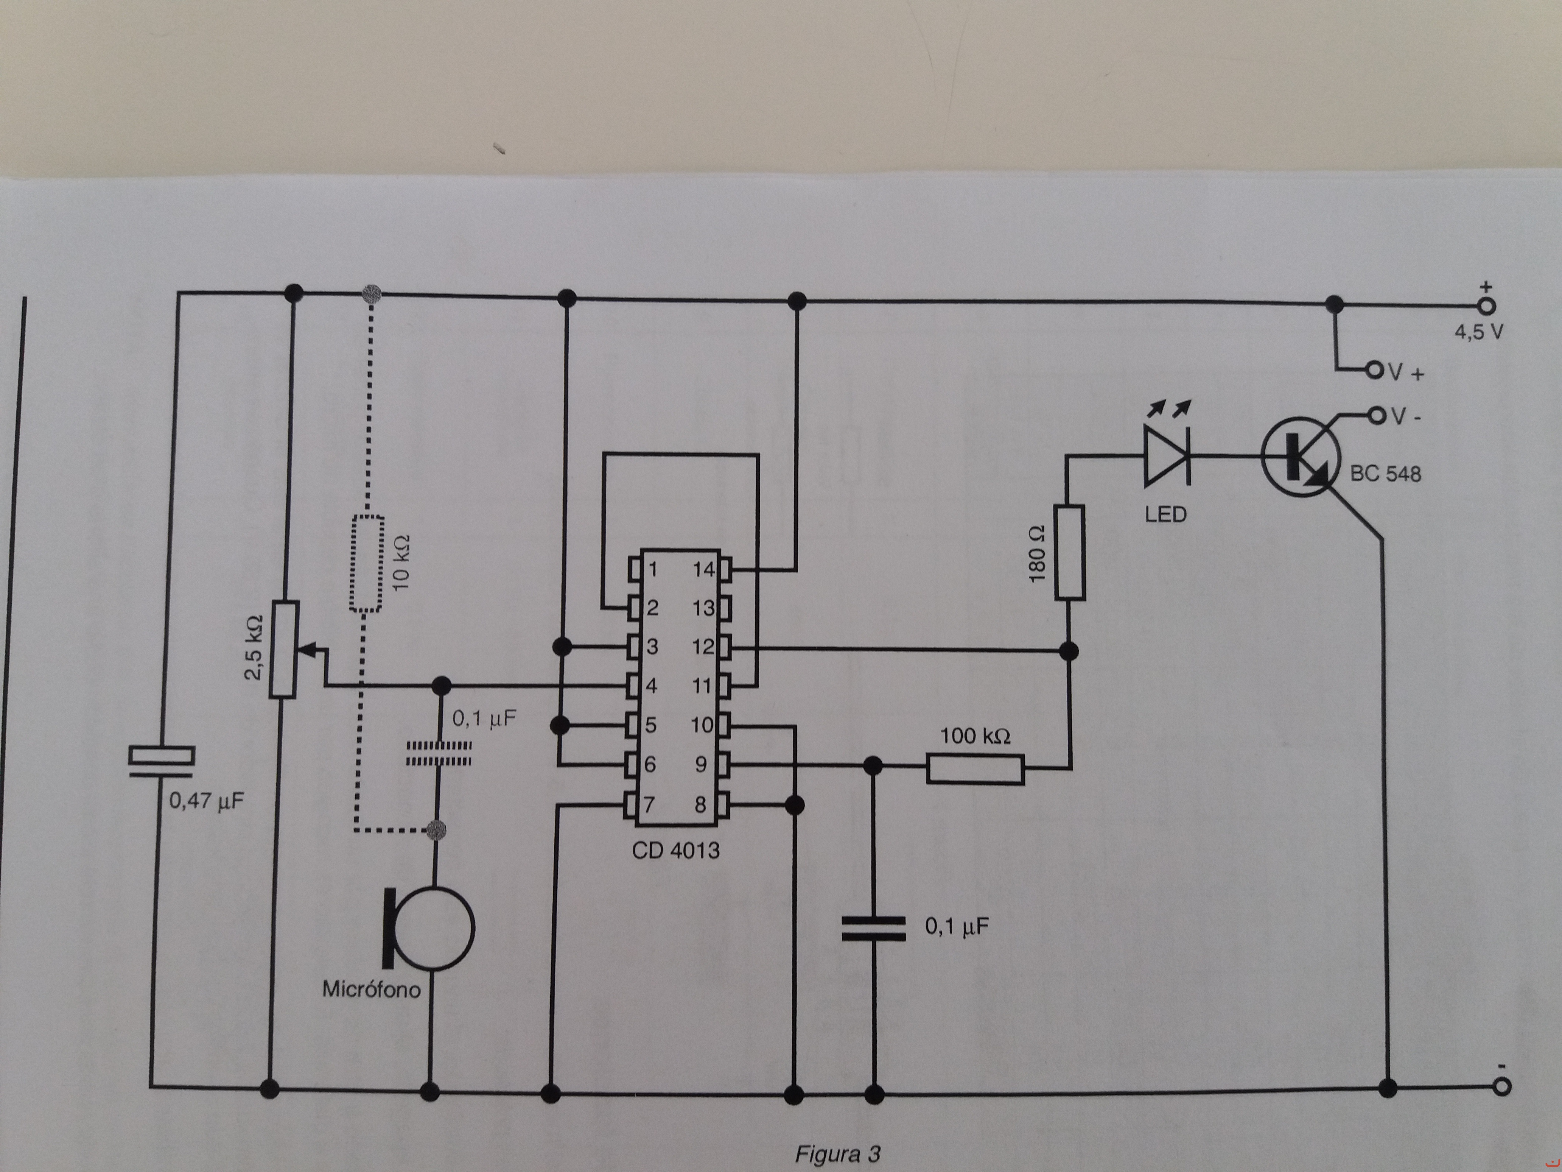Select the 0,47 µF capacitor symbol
click(161, 762)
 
